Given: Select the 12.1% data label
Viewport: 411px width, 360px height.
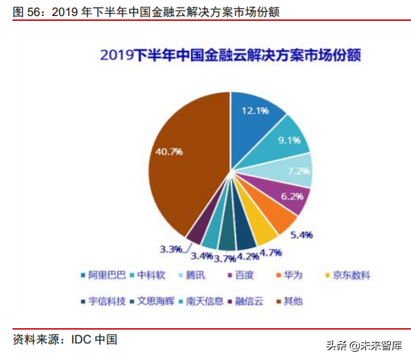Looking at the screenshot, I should click(x=255, y=110).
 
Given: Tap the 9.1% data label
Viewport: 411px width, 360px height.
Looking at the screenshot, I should click(x=288, y=139).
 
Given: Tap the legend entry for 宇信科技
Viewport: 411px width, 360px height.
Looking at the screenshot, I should click(x=103, y=301).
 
